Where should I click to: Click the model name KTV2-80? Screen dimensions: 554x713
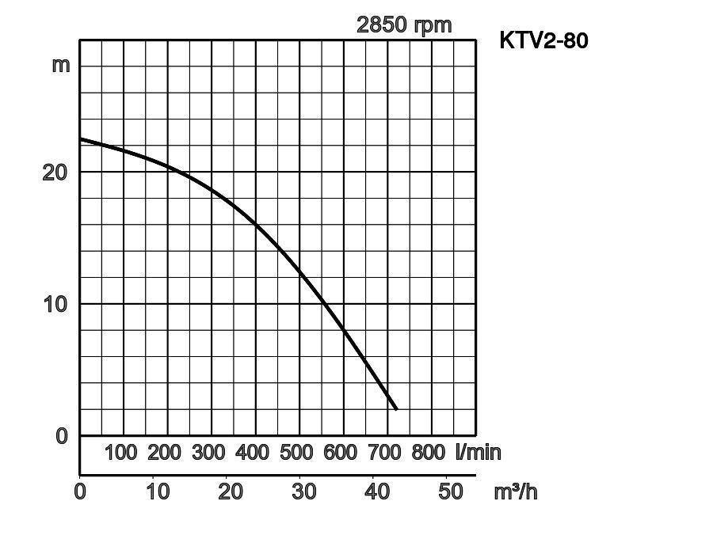(x=543, y=40)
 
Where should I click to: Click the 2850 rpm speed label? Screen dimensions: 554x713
(x=404, y=25)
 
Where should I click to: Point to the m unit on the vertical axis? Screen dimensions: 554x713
(x=61, y=65)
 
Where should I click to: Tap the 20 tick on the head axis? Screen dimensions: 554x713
(x=54, y=172)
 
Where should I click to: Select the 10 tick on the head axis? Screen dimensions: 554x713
(x=54, y=304)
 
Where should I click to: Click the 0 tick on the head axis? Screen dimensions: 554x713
(x=62, y=436)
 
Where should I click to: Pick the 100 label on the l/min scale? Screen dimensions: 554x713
(x=120, y=453)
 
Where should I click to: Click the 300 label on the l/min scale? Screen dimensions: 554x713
(x=208, y=453)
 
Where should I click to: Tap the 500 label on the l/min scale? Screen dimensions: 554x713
(x=296, y=453)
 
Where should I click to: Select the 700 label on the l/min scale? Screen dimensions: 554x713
(x=384, y=453)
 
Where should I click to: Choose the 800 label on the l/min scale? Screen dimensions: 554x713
(x=429, y=453)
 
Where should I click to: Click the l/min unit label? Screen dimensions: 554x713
(x=479, y=453)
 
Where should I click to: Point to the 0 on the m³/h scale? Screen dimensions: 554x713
(x=80, y=491)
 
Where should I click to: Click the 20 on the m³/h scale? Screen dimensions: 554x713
(x=230, y=491)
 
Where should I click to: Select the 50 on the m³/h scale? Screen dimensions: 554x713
(x=451, y=491)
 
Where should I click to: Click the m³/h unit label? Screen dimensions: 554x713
(x=516, y=491)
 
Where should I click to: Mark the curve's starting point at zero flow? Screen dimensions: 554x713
(x=81, y=139)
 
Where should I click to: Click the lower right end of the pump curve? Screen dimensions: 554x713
(x=395, y=408)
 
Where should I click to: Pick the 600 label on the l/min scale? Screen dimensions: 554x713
(x=341, y=453)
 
